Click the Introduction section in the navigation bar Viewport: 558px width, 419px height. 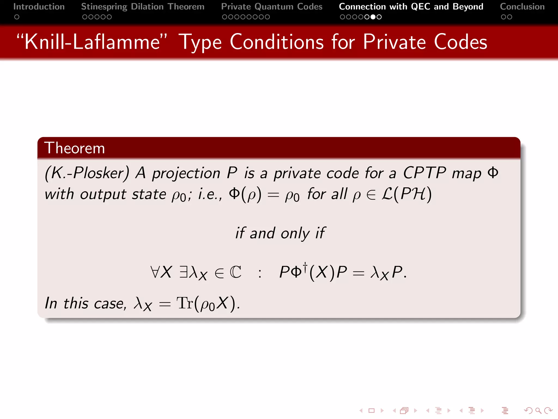pos(39,7)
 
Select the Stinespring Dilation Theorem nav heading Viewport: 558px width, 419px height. pos(142,7)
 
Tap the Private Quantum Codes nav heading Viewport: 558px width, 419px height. pos(272,7)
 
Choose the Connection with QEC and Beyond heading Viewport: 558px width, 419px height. pos(411,7)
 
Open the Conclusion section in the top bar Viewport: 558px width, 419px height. pos(522,7)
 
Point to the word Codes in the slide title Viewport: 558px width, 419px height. pos(460,42)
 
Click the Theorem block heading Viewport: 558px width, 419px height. pos(74,148)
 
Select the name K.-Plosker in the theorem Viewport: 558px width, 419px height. pos(87,173)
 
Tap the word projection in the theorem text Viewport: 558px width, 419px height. pos(186,174)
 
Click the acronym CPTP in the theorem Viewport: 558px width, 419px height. pos(424,173)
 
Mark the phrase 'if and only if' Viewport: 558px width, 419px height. pos(280,233)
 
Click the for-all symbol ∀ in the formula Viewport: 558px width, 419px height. pos(155,272)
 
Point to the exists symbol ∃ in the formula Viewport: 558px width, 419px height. pos(184,272)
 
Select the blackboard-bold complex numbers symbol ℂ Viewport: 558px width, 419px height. pos(235,272)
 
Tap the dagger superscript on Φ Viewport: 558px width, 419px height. pos(305,266)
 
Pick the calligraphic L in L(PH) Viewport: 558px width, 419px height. pos(387,194)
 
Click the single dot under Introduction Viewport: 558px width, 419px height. pos(17,17)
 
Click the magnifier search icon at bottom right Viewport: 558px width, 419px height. pos(538,411)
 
